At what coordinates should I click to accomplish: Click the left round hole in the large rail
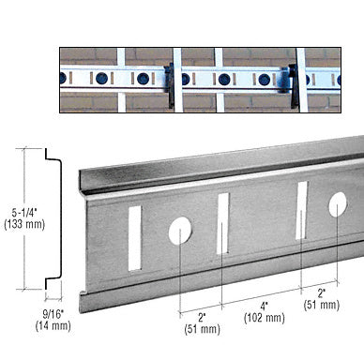point(180,228)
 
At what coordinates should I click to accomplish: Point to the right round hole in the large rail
point(338,203)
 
